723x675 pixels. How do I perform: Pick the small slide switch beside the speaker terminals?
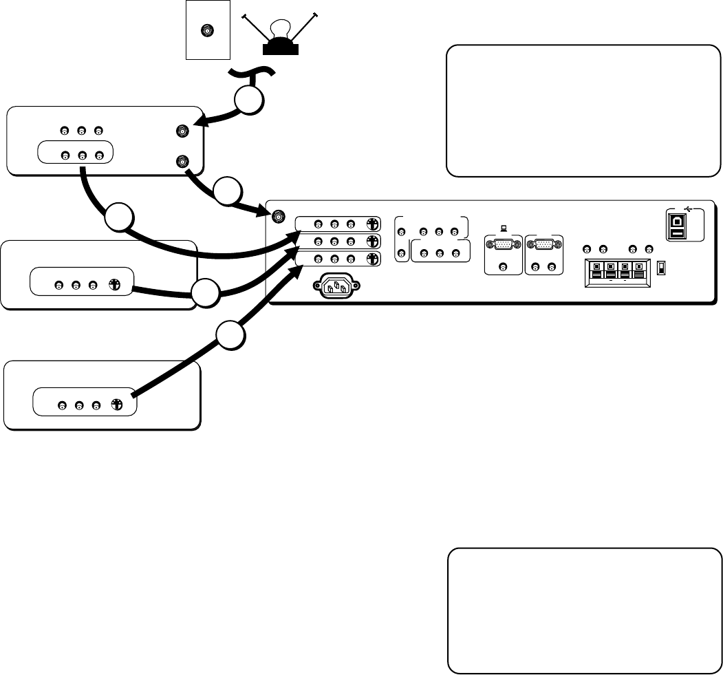(x=661, y=268)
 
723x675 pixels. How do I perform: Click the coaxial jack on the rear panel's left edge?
(x=278, y=217)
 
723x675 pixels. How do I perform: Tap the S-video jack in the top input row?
(x=371, y=224)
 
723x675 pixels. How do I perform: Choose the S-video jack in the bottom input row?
(x=371, y=259)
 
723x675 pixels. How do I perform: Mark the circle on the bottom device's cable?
(x=231, y=337)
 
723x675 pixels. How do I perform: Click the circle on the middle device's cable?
(x=206, y=294)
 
